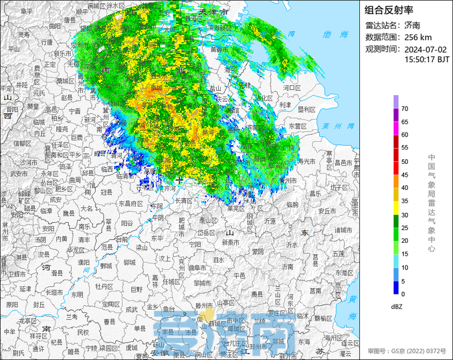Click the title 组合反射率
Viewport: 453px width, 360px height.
tap(389, 10)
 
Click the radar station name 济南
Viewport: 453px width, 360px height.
tap(412, 25)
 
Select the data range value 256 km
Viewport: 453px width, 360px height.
tap(419, 37)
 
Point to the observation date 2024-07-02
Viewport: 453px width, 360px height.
tap(426, 49)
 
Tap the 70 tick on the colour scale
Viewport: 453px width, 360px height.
tap(404, 109)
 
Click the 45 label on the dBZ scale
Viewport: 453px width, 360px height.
tap(404, 175)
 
